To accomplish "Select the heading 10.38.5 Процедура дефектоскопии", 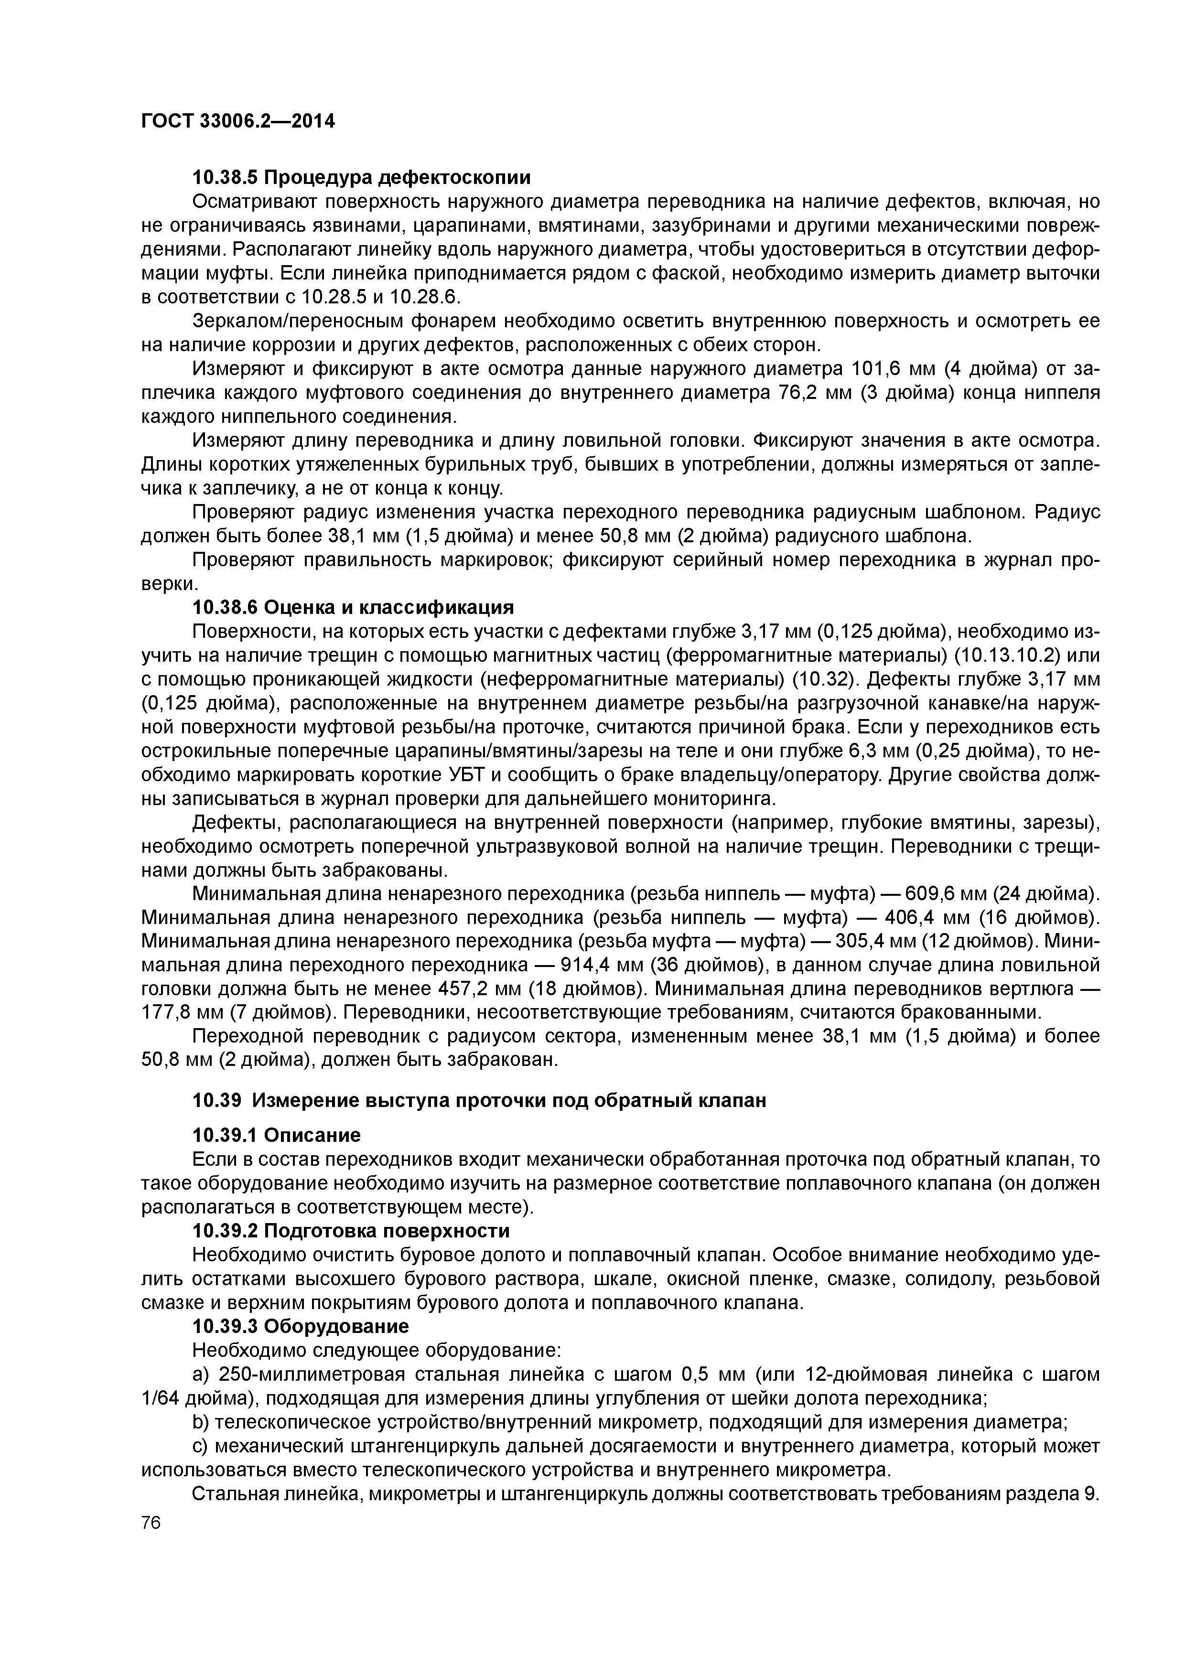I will point(361,177).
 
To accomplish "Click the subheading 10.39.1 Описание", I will point(276,1135).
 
